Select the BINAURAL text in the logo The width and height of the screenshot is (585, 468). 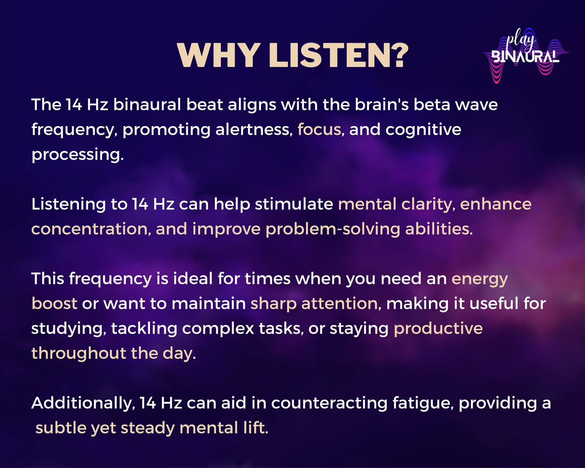point(525,56)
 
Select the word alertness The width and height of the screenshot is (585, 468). point(254,129)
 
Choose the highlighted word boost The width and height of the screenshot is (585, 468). point(54,303)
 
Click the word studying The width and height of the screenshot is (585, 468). point(69,329)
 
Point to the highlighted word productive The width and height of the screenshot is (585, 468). point(438,328)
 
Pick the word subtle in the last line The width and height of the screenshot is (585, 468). point(61,428)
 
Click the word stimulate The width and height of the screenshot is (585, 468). point(294,204)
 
